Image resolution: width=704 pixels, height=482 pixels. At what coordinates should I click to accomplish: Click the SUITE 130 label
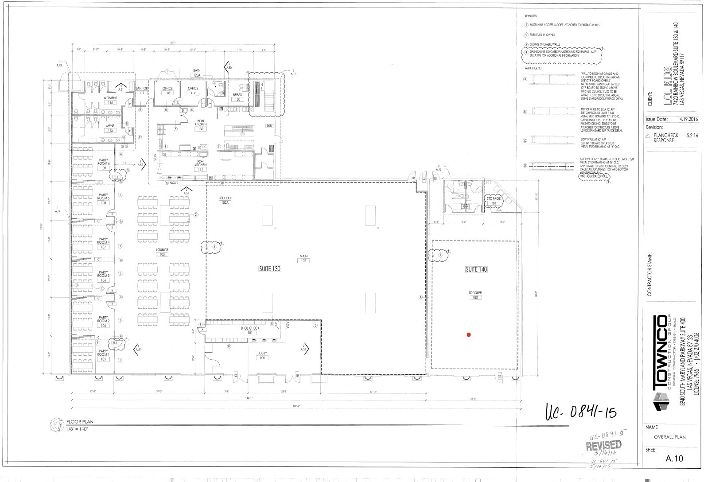tap(270, 269)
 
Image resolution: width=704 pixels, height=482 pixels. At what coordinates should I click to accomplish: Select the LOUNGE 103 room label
tap(162, 252)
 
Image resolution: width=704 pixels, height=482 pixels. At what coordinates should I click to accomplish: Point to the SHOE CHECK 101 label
tap(250, 330)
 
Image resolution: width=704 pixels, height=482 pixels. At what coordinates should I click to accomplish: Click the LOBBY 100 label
tap(263, 355)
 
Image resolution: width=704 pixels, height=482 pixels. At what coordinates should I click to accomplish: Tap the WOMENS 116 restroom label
tap(110, 100)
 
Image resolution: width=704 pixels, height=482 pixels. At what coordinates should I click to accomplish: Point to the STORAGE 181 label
tap(494, 201)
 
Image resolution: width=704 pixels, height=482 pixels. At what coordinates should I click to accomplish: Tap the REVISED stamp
tap(604, 445)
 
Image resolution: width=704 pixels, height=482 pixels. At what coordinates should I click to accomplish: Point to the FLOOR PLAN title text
tap(80, 422)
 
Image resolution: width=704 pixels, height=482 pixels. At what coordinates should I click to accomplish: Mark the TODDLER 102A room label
tap(225, 200)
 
